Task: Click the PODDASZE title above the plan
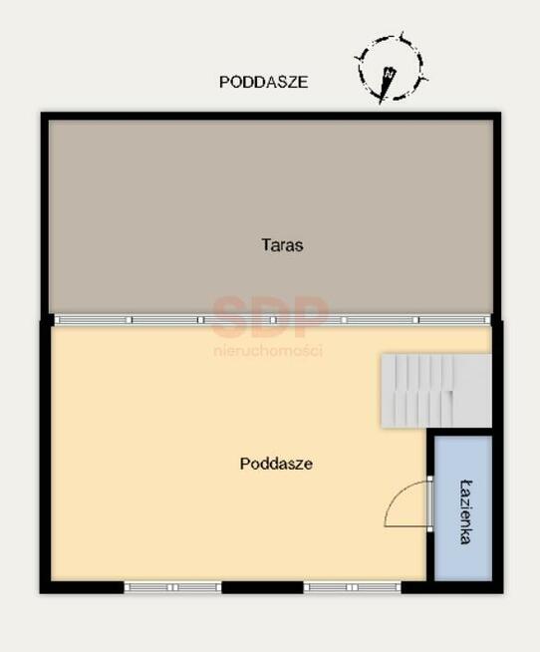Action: [x=264, y=82]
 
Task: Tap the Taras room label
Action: [x=282, y=245]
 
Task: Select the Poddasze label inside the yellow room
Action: [x=276, y=464]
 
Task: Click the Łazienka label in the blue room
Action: [x=466, y=511]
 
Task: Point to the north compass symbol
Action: [x=391, y=69]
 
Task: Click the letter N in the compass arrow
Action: [x=390, y=73]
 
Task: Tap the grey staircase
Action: [x=436, y=391]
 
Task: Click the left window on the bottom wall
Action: [x=173, y=587]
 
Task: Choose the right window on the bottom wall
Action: [x=352, y=587]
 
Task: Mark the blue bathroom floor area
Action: [x=463, y=508]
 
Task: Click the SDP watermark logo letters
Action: [x=270, y=316]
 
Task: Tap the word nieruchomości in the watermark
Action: [x=268, y=351]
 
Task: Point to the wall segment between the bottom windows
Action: [x=262, y=587]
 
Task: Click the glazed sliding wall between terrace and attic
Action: [x=272, y=320]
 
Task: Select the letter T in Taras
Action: [x=266, y=244]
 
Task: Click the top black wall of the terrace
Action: [x=271, y=116]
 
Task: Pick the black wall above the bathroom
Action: [x=459, y=432]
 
